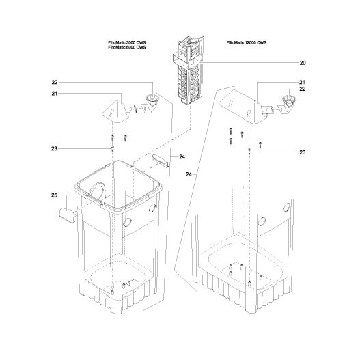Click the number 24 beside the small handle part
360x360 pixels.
tap(182, 156)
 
